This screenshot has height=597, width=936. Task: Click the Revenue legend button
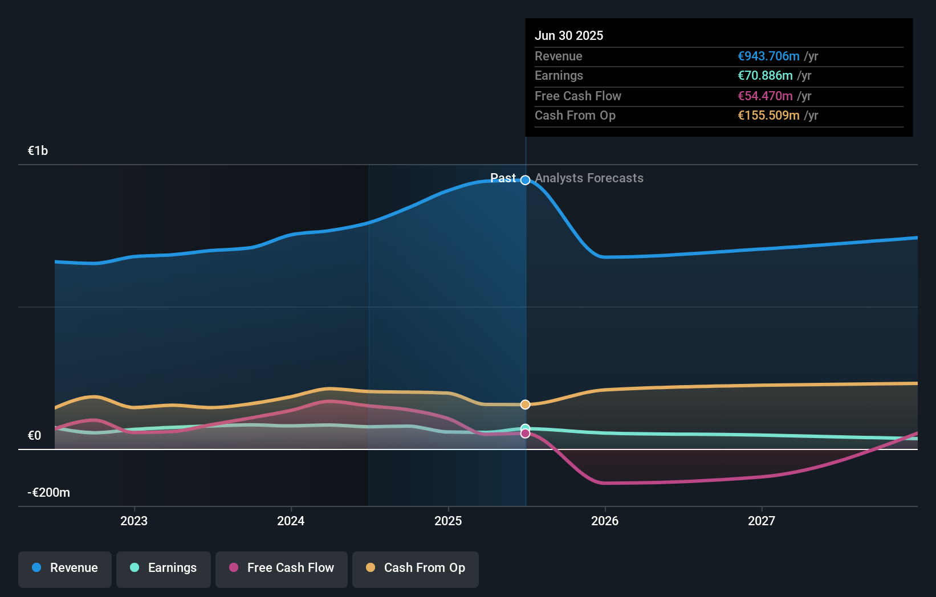coord(65,568)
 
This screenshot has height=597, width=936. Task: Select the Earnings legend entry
coord(164,568)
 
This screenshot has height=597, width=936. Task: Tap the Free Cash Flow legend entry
coord(282,568)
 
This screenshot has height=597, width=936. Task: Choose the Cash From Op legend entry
coord(416,568)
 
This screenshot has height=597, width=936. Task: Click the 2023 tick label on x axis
coord(134,521)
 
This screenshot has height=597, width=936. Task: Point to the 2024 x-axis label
coord(291,521)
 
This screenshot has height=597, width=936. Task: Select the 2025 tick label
coord(448,521)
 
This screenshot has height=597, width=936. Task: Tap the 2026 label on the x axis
coord(605,521)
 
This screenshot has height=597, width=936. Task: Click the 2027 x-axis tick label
coord(762,521)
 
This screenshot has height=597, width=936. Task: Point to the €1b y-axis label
coord(38,151)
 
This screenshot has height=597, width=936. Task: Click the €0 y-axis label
coord(35,436)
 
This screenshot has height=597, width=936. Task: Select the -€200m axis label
coord(49,493)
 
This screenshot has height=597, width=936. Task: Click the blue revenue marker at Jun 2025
coord(526,180)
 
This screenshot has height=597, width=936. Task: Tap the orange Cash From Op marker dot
coord(526,404)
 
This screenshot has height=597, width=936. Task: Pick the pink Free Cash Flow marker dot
coord(526,434)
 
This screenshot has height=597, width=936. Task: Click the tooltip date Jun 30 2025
coord(569,36)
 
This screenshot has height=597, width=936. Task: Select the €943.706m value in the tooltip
coord(768,56)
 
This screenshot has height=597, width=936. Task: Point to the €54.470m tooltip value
coord(765,96)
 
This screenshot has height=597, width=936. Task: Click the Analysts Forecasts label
coord(589,178)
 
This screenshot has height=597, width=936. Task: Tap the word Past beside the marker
coord(503,178)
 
